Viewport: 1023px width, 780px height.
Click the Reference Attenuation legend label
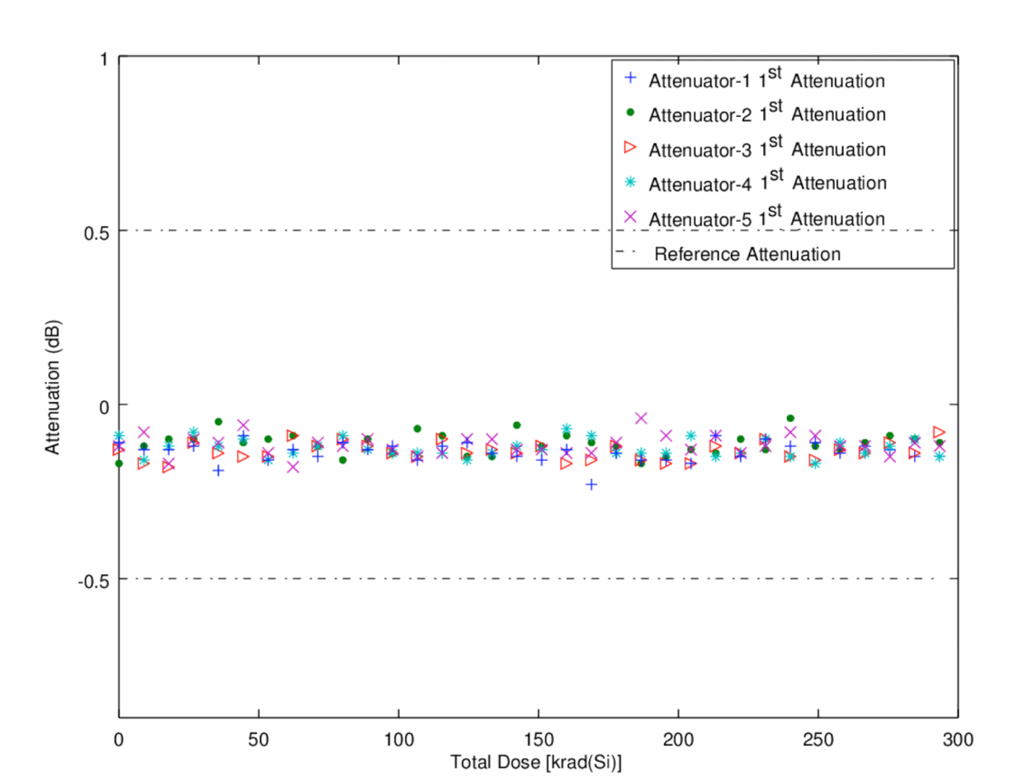[747, 254]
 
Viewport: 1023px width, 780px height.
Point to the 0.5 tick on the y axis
[95, 231]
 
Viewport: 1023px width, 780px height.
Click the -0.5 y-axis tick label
[92, 579]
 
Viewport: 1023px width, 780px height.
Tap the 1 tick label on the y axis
[103, 58]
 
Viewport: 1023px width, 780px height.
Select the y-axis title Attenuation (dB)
[53, 388]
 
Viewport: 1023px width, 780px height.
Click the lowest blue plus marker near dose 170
[592, 484]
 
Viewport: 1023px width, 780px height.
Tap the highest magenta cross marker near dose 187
[641, 417]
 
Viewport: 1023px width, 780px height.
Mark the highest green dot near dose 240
[790, 418]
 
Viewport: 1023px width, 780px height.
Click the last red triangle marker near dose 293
[939, 432]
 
